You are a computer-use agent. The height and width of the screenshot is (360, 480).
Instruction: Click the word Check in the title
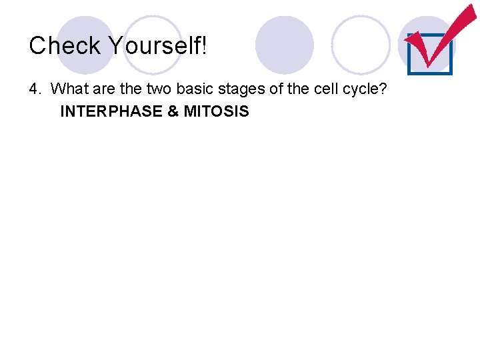click(x=65, y=45)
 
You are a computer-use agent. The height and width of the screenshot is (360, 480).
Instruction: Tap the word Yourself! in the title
click(x=158, y=45)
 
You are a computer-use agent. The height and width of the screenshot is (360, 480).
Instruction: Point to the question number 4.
click(x=33, y=88)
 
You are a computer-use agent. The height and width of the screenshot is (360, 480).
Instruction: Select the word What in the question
click(x=69, y=88)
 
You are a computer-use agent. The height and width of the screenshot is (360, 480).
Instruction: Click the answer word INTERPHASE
click(x=111, y=111)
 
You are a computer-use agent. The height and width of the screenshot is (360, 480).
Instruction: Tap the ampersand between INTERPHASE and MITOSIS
click(x=173, y=111)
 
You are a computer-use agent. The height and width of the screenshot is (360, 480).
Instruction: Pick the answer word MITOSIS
click(x=216, y=111)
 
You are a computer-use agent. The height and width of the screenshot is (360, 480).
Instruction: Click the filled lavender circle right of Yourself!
click(x=284, y=45)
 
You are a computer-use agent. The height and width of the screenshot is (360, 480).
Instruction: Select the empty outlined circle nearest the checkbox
click(x=360, y=45)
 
